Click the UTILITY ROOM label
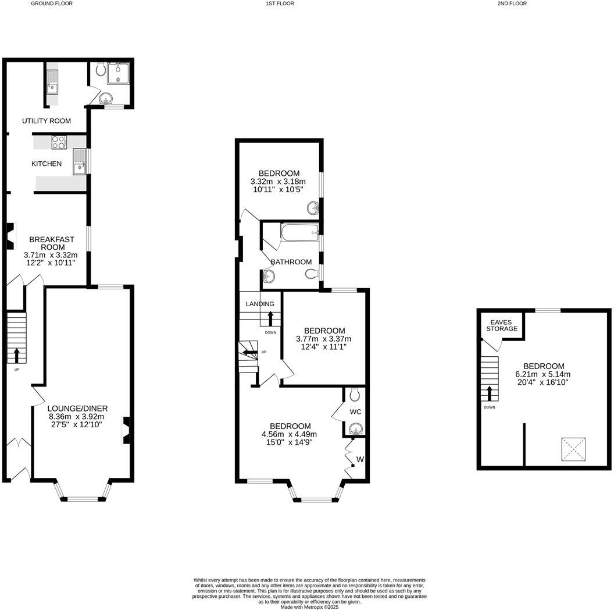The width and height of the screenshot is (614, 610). pyautogui.click(x=47, y=121)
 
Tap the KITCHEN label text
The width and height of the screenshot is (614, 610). pyautogui.click(x=47, y=164)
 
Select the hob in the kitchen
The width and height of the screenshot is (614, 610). pyautogui.click(x=59, y=141)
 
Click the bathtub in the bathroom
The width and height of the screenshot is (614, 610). pyautogui.click(x=299, y=233)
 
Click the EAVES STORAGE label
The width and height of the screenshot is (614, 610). pyautogui.click(x=501, y=325)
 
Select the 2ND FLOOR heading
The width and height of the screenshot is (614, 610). pyautogui.click(x=512, y=3)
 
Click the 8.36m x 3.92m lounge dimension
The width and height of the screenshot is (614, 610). pyautogui.click(x=77, y=417)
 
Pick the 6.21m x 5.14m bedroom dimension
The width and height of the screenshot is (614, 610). pyautogui.click(x=542, y=374)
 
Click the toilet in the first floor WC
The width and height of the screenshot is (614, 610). pyautogui.click(x=355, y=396)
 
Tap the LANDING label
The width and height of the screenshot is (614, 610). pyautogui.click(x=260, y=304)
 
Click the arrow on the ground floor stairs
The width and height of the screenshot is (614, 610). pyautogui.click(x=16, y=354)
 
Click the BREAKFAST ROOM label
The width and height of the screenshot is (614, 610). pyautogui.click(x=51, y=243)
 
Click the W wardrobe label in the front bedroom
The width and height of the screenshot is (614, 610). pyautogui.click(x=360, y=459)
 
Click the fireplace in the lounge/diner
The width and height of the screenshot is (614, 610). pyautogui.click(x=126, y=431)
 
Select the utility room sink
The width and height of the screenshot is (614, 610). pyautogui.click(x=52, y=81)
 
